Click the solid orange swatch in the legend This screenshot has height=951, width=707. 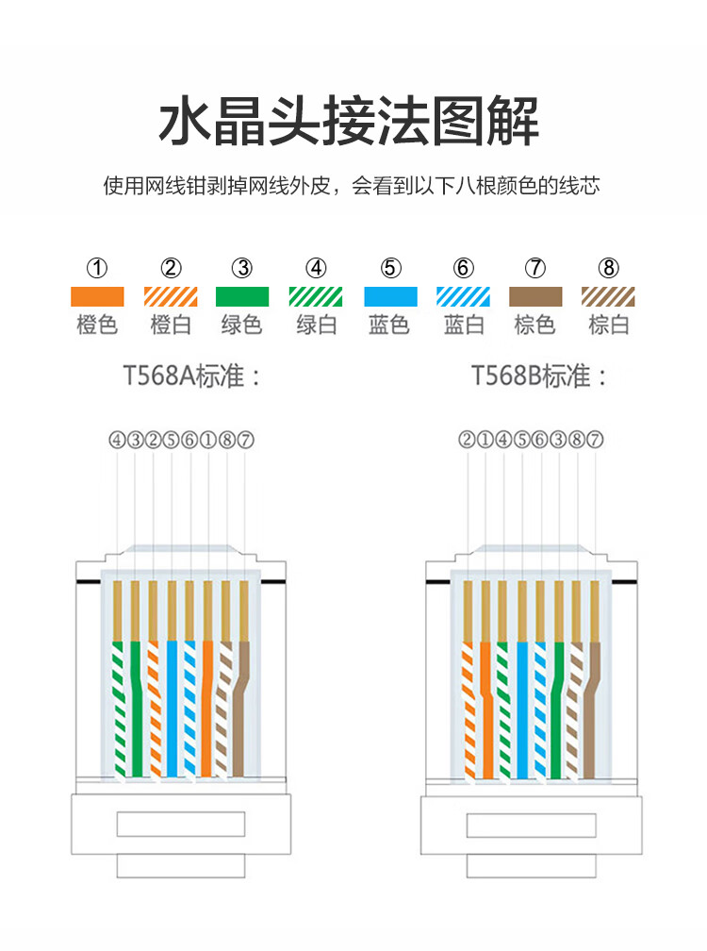pyautogui.click(x=97, y=296)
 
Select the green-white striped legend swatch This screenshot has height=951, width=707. pyautogui.click(x=316, y=296)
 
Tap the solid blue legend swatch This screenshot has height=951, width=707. pyautogui.click(x=391, y=296)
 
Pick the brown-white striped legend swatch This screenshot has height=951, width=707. pyautogui.click(x=608, y=296)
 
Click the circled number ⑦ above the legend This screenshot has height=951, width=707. pyautogui.click(x=535, y=268)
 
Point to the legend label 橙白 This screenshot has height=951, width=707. pyautogui.click(x=171, y=325)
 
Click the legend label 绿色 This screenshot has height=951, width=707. pyautogui.click(x=241, y=325)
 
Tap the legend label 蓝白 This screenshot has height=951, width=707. pyautogui.click(x=464, y=325)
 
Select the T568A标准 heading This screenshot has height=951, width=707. pyautogui.click(x=191, y=376)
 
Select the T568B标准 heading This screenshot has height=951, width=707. pyautogui.click(x=538, y=376)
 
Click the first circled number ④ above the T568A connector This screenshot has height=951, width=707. pyautogui.click(x=117, y=439)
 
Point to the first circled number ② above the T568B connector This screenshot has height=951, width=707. pyautogui.click(x=467, y=439)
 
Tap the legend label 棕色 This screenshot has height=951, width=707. pyautogui.click(x=534, y=325)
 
